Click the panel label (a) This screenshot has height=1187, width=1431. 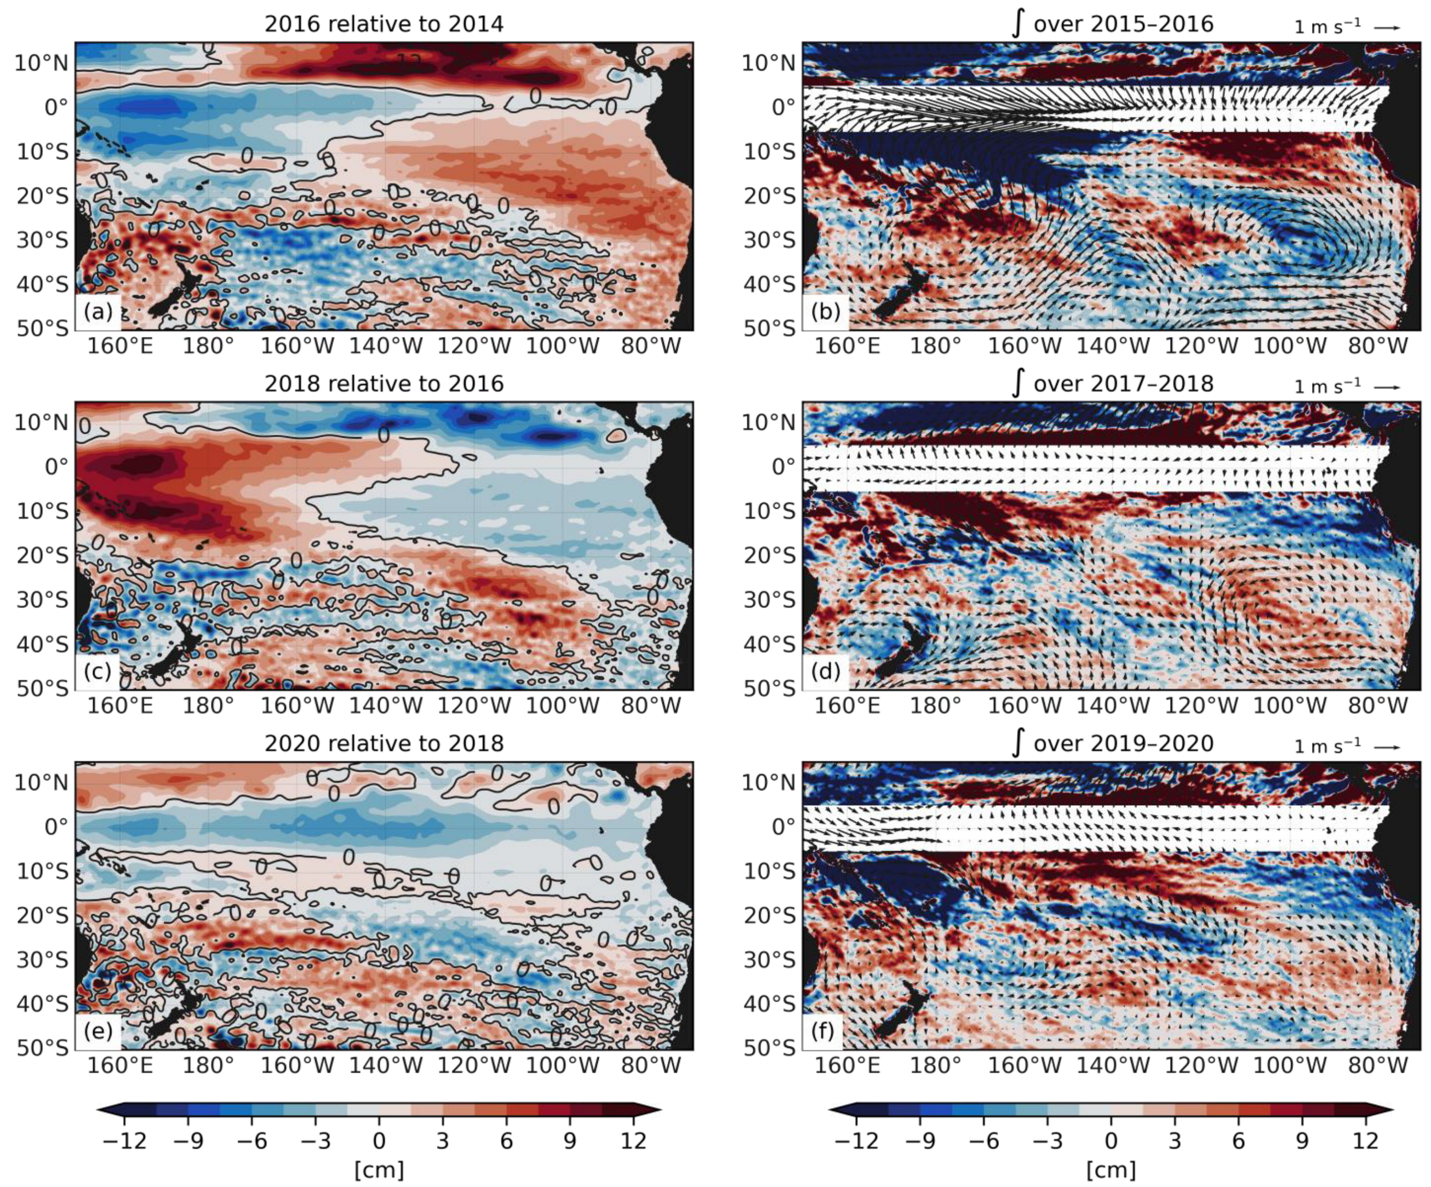98,312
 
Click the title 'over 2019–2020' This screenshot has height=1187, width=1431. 1123,743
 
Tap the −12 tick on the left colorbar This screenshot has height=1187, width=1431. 125,1140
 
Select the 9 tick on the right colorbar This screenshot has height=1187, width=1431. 1302,1140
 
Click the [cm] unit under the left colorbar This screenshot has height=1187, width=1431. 379,1169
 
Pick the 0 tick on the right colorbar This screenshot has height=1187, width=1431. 1111,1140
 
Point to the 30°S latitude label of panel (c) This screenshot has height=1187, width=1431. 42,600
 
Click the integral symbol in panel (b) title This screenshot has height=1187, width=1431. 1017,24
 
